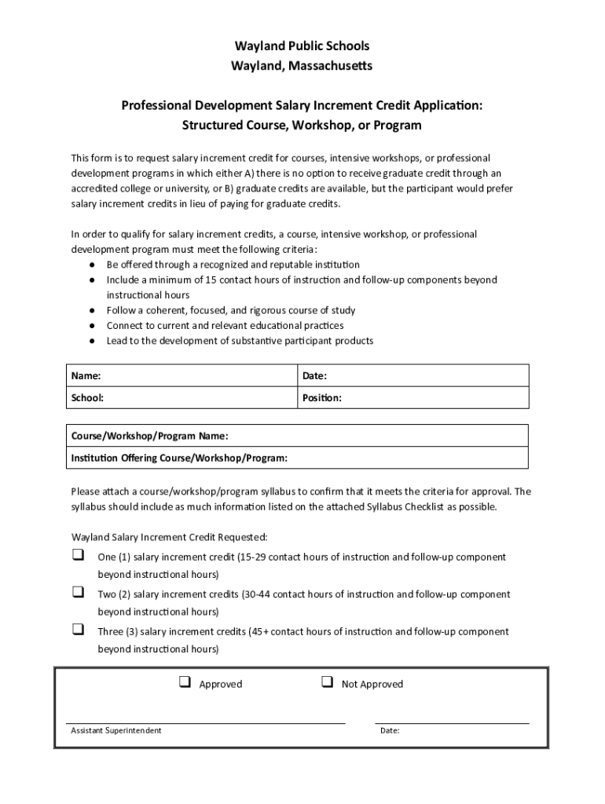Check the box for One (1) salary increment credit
tap(79, 555)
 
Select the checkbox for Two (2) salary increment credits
tap(79, 592)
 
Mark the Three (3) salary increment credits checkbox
tap(79, 629)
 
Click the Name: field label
tap(86, 376)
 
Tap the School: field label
tap(87, 398)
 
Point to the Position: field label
tap(322, 398)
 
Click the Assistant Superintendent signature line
tap(206, 722)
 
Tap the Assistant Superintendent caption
tap(116, 731)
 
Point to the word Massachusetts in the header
tap(325, 66)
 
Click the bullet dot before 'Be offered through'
tap(92, 265)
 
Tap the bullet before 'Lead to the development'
tap(92, 341)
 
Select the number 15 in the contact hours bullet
tap(211, 280)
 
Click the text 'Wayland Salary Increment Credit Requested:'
tap(170, 538)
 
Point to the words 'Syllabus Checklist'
tap(405, 507)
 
